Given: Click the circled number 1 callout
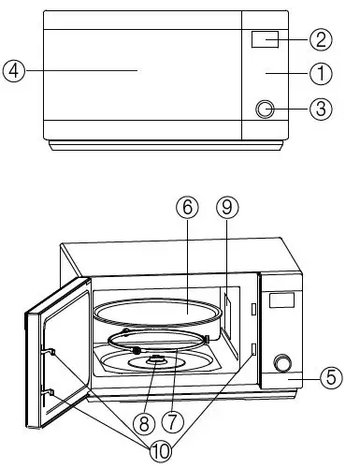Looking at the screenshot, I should coord(322,72).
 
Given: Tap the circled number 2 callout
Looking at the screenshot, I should coord(322,39).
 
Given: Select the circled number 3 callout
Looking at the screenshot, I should coord(322,109).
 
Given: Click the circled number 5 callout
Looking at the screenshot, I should coord(328,378).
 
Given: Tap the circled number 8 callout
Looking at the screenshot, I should coord(143,421).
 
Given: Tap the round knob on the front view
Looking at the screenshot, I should coord(266,110).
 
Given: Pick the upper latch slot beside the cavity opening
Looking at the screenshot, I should coord(252,309).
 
